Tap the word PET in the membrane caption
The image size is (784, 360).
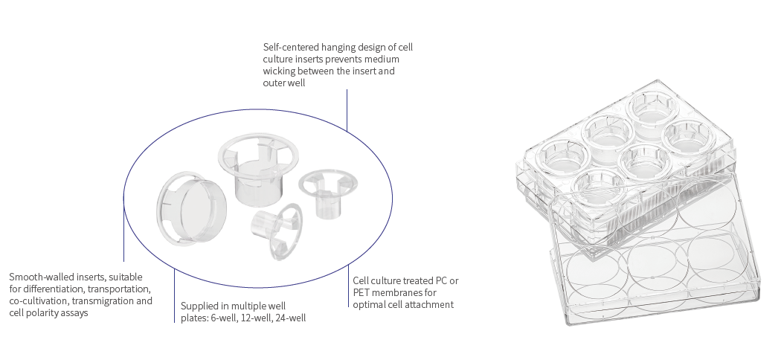360,292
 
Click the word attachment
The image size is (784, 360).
431,304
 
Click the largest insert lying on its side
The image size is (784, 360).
191,208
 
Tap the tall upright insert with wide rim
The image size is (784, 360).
258,168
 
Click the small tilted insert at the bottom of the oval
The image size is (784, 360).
277,231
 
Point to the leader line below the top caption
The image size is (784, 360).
347,111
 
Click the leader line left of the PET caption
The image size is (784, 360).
349,286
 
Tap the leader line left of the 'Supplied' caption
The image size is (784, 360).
175,295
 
